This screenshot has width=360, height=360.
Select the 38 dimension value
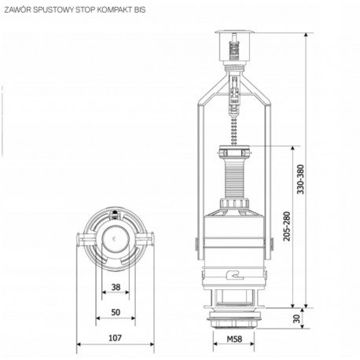(115, 287)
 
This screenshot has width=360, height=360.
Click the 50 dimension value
(115, 312)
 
